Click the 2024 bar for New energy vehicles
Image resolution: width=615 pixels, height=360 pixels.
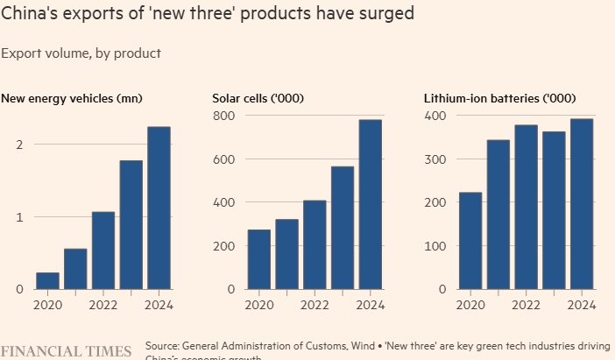[x=159, y=208]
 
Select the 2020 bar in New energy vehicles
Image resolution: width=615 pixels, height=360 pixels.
[x=47, y=280]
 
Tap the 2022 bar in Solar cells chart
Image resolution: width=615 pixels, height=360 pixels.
[x=315, y=244]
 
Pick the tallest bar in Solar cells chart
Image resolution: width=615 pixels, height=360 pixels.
[x=370, y=204]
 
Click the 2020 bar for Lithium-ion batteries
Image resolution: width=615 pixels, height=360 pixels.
[x=470, y=241]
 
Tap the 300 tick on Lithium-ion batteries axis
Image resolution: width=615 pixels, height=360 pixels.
[x=435, y=159]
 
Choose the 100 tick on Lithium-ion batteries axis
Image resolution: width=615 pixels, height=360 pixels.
[x=435, y=246]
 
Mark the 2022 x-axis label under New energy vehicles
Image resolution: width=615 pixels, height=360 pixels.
[x=103, y=305]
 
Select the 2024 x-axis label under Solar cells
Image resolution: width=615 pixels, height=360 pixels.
[x=371, y=305]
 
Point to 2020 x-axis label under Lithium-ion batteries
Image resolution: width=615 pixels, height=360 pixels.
[x=470, y=305]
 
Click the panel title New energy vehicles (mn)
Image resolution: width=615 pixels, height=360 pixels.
[x=72, y=97]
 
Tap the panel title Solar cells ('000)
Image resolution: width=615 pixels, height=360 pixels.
[x=258, y=97]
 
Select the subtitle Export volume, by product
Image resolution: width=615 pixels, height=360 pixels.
[x=81, y=53]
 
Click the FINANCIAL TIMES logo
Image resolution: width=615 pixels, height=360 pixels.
[x=66, y=351]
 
